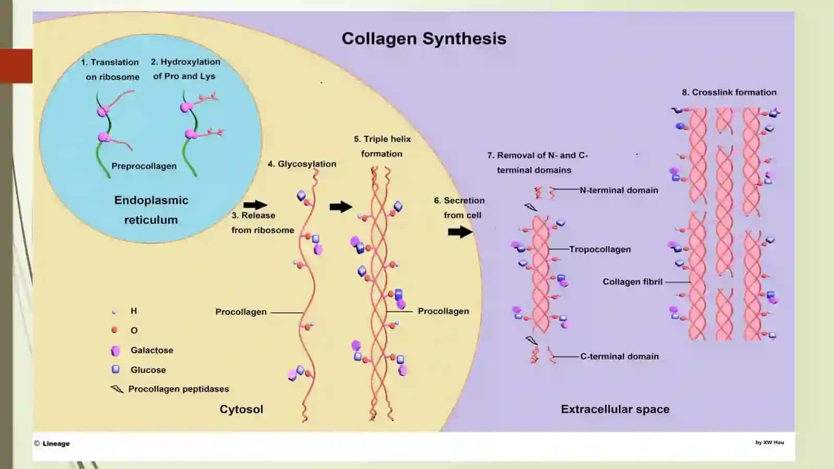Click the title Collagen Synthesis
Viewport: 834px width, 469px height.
[424, 39]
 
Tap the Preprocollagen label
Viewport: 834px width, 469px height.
[144, 166]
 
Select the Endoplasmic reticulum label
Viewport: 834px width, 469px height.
[151, 210]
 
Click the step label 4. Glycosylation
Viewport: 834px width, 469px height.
[302, 164]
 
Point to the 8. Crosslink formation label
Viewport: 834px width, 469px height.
[729, 92]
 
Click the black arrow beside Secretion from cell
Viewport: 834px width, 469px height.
[460, 232]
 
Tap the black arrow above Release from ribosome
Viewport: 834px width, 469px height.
[255, 205]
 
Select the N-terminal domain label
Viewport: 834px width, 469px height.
[619, 190]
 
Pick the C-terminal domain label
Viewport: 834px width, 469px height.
[620, 356]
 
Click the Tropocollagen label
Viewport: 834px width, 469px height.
[600, 249]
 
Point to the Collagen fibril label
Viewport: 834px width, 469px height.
[632, 282]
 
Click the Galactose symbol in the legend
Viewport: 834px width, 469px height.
[115, 351]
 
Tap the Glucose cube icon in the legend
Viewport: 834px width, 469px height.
[116, 369]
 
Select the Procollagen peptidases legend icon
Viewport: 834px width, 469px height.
[117, 389]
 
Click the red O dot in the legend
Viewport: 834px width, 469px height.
[115, 330]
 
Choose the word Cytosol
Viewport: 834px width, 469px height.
[241, 410]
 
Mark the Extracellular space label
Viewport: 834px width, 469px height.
[615, 410]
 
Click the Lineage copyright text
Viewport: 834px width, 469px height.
[52, 443]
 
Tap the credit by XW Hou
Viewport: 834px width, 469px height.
[769, 442]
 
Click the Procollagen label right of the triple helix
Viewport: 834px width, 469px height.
[443, 311]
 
